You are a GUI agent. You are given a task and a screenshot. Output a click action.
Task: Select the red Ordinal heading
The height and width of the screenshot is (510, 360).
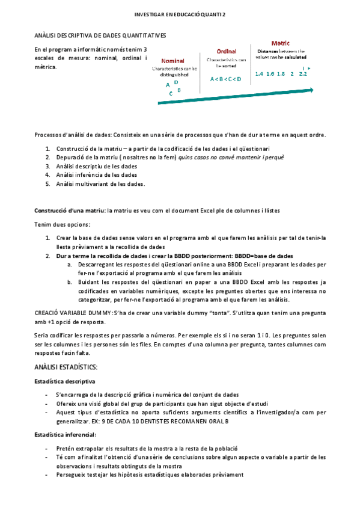pyautogui.click(x=226, y=51)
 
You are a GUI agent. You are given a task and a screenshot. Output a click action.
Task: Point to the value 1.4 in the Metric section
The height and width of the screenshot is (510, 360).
pyautogui.click(x=260, y=74)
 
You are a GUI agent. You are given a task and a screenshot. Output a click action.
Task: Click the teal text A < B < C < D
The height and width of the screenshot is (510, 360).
pyautogui.click(x=225, y=79)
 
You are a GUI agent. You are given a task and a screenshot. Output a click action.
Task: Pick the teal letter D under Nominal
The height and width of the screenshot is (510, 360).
pyautogui.click(x=176, y=82)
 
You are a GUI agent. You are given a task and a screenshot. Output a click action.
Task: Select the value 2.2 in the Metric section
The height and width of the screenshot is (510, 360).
pyautogui.click(x=302, y=74)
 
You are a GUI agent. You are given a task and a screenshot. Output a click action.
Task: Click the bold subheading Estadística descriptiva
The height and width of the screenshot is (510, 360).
pyautogui.click(x=64, y=381)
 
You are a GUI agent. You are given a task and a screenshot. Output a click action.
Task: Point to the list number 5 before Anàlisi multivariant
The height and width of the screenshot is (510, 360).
pyautogui.click(x=47, y=183)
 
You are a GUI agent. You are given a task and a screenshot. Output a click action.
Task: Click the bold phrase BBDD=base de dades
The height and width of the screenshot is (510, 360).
pyautogui.click(x=264, y=256)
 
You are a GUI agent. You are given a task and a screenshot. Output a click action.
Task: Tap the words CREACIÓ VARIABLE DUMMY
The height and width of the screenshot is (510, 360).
pyautogui.click(x=72, y=313)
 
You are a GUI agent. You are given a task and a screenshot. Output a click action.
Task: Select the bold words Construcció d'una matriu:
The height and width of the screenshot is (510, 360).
pyautogui.click(x=69, y=210)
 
